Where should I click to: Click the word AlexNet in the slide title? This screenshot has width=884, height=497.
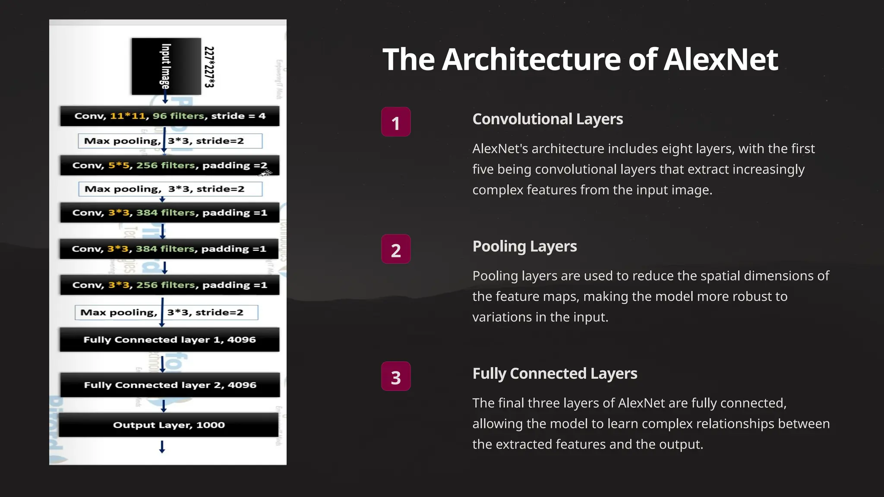[x=720, y=60]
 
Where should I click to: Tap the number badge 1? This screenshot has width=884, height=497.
[x=396, y=122]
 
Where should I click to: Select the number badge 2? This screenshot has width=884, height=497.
[x=396, y=249]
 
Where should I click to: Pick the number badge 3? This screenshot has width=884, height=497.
[x=396, y=377]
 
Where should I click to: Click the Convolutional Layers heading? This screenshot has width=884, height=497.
[x=547, y=119]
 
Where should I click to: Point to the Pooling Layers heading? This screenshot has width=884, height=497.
[x=524, y=246]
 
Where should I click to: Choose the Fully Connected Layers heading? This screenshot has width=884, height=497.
[x=555, y=374]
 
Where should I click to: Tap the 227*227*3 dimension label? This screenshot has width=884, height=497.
[x=209, y=67]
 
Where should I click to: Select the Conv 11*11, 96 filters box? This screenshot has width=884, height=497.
[x=170, y=116]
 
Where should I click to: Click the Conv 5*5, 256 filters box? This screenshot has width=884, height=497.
[x=170, y=165]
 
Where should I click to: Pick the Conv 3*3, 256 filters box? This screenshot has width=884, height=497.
[x=170, y=285]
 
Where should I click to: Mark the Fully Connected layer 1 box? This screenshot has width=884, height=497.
[x=170, y=340]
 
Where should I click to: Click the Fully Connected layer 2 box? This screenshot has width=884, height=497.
[x=170, y=385]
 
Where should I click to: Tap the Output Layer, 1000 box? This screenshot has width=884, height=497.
[x=169, y=425]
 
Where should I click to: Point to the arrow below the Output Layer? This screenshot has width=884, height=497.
[x=162, y=447]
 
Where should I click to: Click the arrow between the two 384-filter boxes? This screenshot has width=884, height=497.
[x=163, y=231]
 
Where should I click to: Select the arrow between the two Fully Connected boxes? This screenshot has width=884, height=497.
[x=163, y=364]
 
